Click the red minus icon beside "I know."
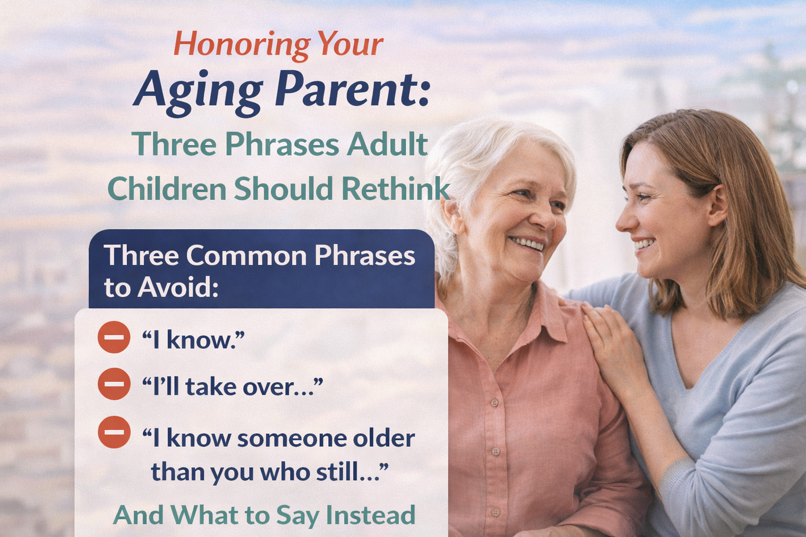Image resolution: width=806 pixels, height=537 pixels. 114,337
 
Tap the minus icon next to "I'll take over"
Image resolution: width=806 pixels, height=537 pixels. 114,384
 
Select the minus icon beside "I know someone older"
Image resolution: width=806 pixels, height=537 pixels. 114,432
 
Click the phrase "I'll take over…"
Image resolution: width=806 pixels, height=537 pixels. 232,386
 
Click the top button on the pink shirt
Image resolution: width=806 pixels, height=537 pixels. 495,403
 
